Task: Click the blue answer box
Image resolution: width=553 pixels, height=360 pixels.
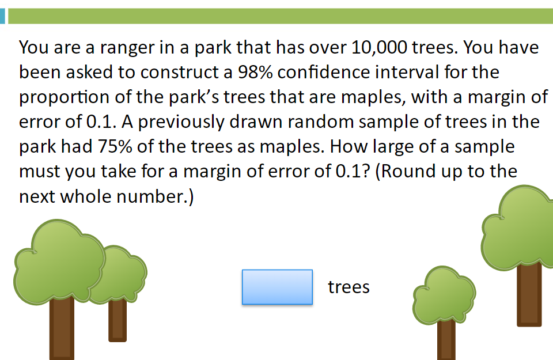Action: (277, 287)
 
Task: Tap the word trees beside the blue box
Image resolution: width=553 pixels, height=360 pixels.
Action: (349, 287)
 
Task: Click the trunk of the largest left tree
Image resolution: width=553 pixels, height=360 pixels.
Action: (62, 328)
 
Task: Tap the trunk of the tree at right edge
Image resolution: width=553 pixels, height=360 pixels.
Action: (529, 294)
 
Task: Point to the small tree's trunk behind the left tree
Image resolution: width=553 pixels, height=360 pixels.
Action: (118, 320)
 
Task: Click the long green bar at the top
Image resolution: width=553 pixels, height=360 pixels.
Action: (281, 16)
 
